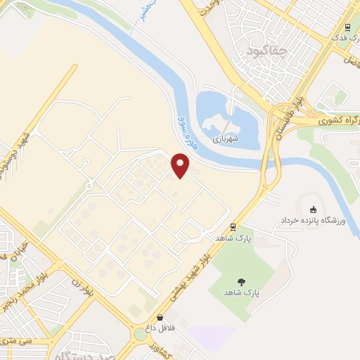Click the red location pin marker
pyautogui.click(x=181, y=165)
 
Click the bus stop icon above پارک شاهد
pyautogui.click(x=232, y=226)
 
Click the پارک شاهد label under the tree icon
pyautogui.click(x=241, y=292)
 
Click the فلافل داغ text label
pyautogui.click(x=161, y=328)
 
